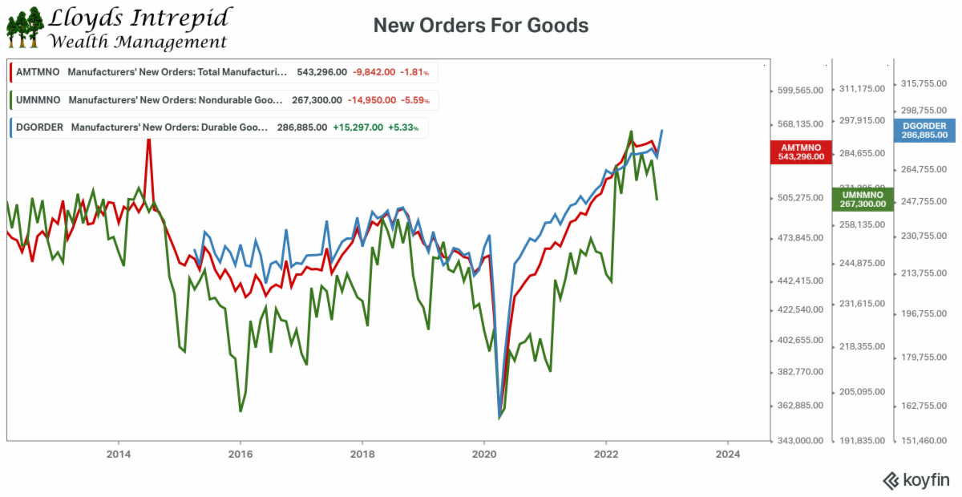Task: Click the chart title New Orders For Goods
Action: [x=481, y=26]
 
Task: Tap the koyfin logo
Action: [x=916, y=480]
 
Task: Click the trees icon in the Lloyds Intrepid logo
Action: [x=24, y=27]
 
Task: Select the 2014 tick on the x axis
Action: [x=119, y=453]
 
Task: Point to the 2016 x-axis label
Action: [x=240, y=453]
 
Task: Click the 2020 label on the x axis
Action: [x=484, y=453]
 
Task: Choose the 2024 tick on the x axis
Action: [x=727, y=453]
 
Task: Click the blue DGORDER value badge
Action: [x=924, y=131]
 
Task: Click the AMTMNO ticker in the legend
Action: [x=34, y=72]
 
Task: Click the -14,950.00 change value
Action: [x=371, y=100]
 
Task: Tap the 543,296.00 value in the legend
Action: [x=321, y=72]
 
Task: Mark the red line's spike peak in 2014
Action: [x=148, y=138]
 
